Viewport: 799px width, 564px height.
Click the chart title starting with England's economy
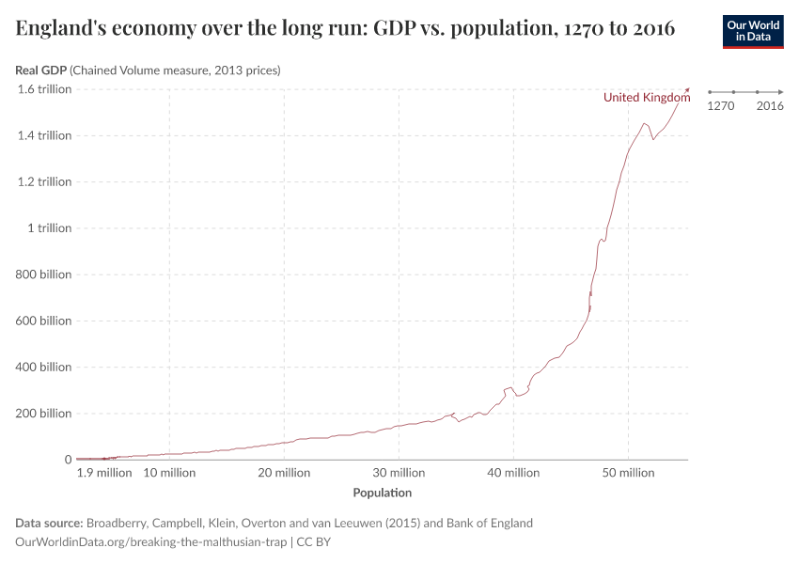click(x=345, y=28)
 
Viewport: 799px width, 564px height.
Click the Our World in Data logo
click(x=752, y=31)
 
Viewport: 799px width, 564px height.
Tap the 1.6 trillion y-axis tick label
click(x=44, y=89)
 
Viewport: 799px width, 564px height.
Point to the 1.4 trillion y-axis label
click(x=44, y=135)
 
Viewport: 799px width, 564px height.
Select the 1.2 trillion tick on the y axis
click(x=44, y=181)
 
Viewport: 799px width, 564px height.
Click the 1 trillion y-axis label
click(x=49, y=228)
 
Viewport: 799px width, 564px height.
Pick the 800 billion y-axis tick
click(x=44, y=274)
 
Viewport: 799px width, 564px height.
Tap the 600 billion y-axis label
click(x=44, y=321)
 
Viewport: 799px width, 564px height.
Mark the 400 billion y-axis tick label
click(x=44, y=368)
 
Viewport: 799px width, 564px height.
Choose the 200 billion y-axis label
click(x=44, y=414)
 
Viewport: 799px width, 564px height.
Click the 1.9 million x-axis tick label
click(x=104, y=473)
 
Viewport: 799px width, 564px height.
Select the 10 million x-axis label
click(x=169, y=473)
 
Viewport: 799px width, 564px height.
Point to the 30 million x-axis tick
click(x=399, y=473)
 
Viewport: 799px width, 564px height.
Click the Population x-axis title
click(x=382, y=493)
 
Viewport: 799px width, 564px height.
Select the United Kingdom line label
click(x=647, y=98)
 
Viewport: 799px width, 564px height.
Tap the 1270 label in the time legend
click(x=720, y=106)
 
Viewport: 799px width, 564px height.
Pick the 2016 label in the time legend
click(x=770, y=106)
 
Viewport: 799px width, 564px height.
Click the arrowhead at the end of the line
click(x=688, y=90)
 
